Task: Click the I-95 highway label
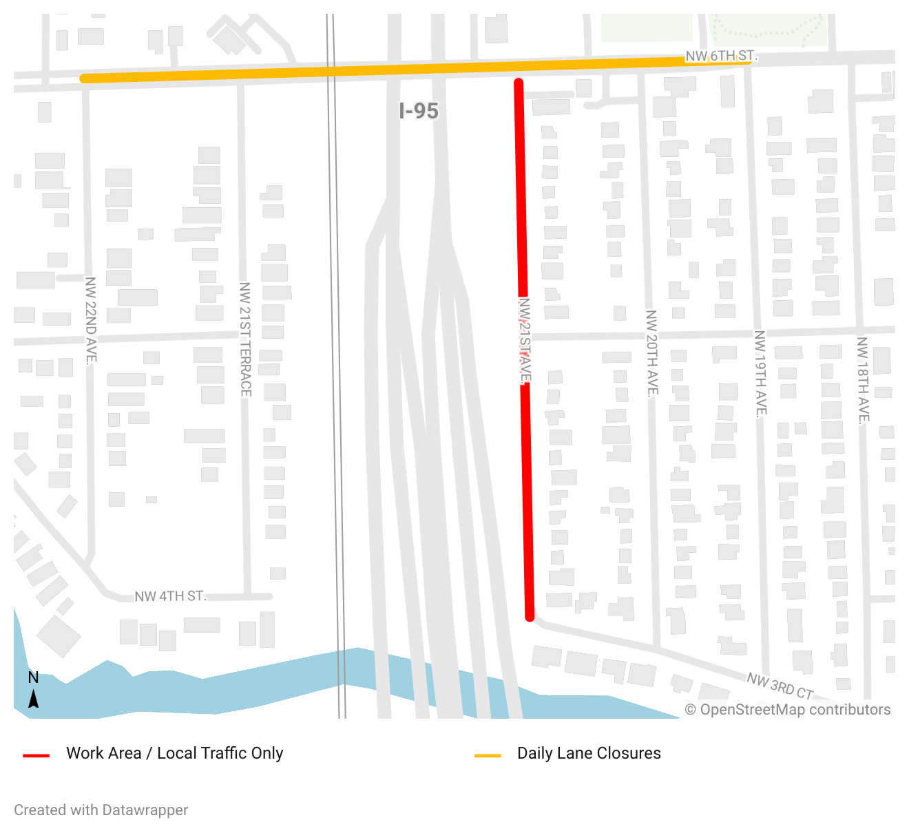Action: pyautogui.click(x=419, y=111)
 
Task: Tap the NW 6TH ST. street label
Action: pyautogui.click(x=721, y=56)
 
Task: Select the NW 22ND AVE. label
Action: pyautogui.click(x=91, y=319)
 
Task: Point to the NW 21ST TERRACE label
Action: pyautogui.click(x=245, y=339)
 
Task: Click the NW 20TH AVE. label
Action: pyautogui.click(x=651, y=353)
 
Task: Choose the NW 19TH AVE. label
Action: pyautogui.click(x=760, y=374)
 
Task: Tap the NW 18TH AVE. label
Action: pyautogui.click(x=863, y=379)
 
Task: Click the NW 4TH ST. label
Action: pyautogui.click(x=170, y=596)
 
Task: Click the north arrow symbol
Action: pyautogui.click(x=33, y=699)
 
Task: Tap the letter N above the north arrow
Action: pyautogui.click(x=33, y=677)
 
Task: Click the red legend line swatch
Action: pyautogui.click(x=36, y=755)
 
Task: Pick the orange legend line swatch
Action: pyautogui.click(x=488, y=755)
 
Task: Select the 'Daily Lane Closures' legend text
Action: pyautogui.click(x=589, y=753)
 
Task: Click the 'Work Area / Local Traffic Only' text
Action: pyautogui.click(x=174, y=753)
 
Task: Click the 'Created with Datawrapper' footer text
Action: pyautogui.click(x=101, y=810)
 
